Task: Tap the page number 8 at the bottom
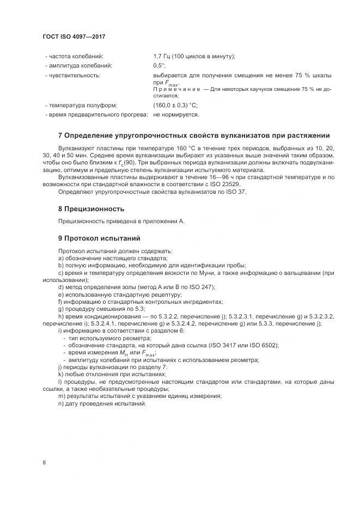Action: click(44, 463)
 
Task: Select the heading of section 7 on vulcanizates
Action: click(193, 135)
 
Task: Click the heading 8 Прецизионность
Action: click(91, 208)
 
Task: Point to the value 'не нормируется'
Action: click(176, 115)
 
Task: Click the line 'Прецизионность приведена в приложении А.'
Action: click(121, 221)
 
